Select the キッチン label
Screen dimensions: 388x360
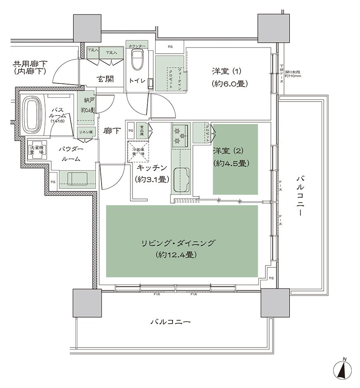151,168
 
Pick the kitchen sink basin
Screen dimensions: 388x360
181,180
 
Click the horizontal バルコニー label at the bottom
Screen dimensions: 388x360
170,321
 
